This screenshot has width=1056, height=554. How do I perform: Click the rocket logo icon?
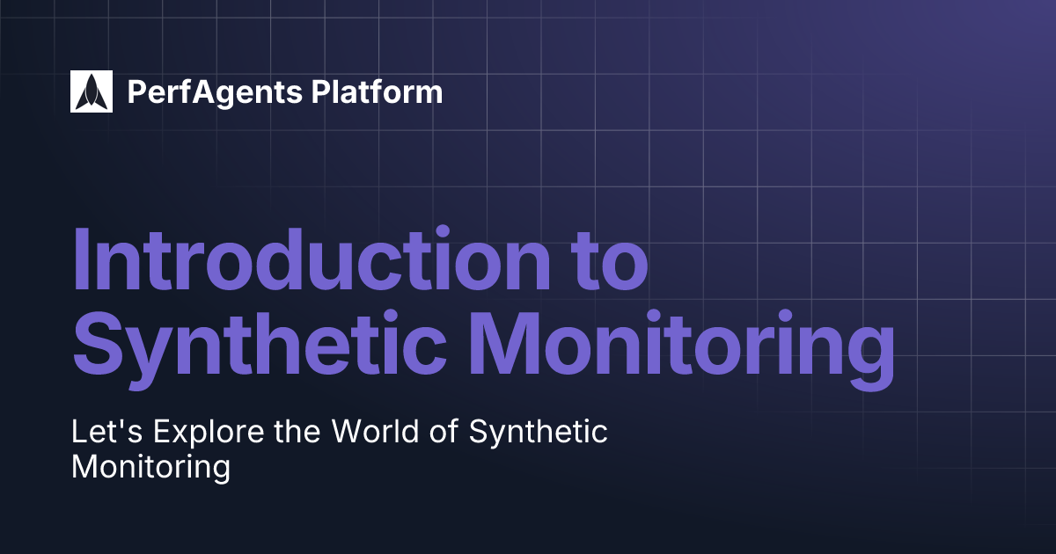[x=92, y=91]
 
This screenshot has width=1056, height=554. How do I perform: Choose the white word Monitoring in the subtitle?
[x=150, y=468]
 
